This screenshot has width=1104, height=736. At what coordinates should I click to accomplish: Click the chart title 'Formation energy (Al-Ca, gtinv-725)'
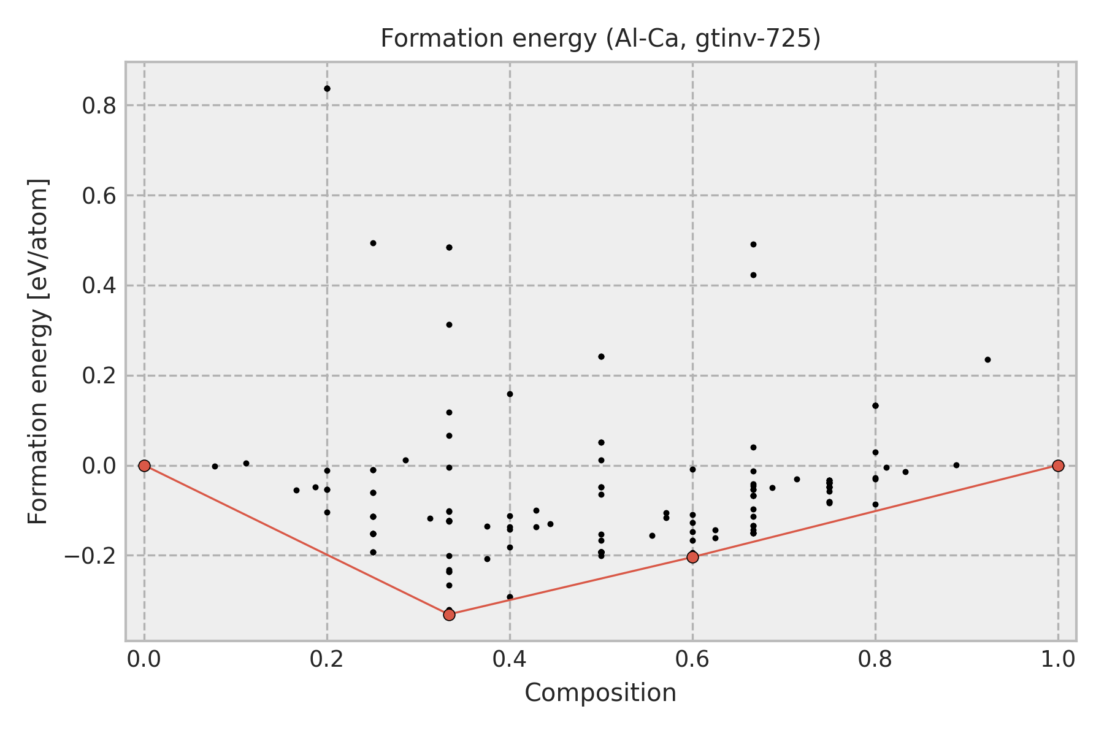pyautogui.click(x=600, y=39)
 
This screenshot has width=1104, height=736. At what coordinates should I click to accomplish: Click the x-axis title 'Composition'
pyautogui.click(x=600, y=693)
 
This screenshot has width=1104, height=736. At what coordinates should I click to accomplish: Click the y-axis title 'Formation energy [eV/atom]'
pyautogui.click(x=38, y=351)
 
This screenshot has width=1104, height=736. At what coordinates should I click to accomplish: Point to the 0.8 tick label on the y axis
pyautogui.click(x=99, y=106)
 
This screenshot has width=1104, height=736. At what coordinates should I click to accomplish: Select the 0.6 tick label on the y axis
pyautogui.click(x=99, y=196)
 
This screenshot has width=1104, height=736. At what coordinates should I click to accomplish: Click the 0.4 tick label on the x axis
pyautogui.click(x=509, y=659)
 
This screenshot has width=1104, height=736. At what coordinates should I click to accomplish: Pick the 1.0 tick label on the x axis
pyautogui.click(x=1057, y=659)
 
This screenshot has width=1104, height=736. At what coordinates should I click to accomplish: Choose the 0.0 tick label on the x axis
pyautogui.click(x=144, y=659)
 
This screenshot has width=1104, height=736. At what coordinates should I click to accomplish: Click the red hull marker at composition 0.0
pyautogui.click(x=144, y=466)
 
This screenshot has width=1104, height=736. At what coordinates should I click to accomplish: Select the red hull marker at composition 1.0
pyautogui.click(x=1058, y=466)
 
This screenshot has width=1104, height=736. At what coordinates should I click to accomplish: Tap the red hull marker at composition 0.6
pyautogui.click(x=692, y=557)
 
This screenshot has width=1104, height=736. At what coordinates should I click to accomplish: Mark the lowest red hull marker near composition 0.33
pyautogui.click(x=449, y=615)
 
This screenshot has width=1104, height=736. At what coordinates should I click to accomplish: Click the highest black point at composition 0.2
pyautogui.click(x=327, y=88)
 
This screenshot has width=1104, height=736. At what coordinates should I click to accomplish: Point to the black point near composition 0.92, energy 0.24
pyautogui.click(x=987, y=359)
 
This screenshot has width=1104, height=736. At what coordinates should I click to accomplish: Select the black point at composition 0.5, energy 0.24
pyautogui.click(x=601, y=356)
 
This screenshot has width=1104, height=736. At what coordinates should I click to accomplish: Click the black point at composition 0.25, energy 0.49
pyautogui.click(x=373, y=243)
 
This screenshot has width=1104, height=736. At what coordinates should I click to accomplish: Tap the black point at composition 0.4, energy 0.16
pyautogui.click(x=510, y=394)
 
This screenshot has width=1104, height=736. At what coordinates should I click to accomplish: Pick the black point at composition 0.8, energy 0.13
pyautogui.click(x=875, y=405)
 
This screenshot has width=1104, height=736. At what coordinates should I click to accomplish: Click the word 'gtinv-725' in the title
pyautogui.click(x=758, y=39)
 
